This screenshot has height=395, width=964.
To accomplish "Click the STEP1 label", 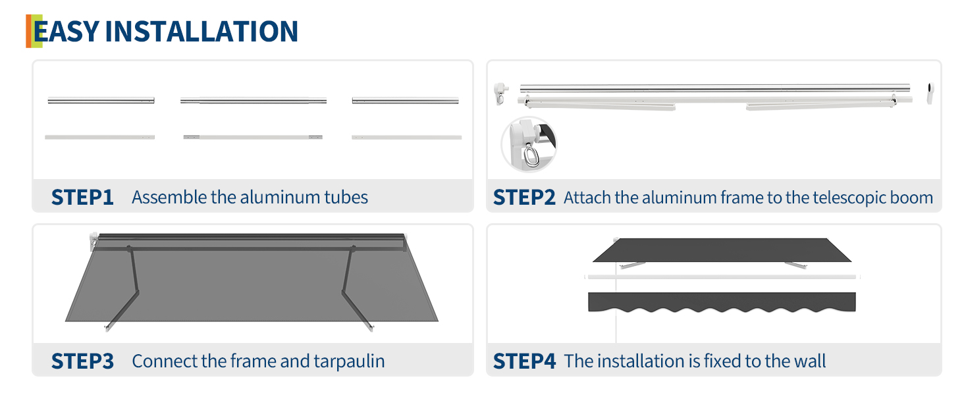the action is (82, 197).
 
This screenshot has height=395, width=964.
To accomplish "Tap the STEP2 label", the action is (524, 197).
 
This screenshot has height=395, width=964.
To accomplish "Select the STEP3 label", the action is (82, 361).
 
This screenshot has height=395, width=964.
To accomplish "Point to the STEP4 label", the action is (525, 361).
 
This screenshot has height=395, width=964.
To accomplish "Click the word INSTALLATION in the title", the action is (201, 32).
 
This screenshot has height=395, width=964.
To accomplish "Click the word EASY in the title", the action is (67, 32).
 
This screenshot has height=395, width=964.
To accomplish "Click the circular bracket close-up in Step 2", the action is (529, 145).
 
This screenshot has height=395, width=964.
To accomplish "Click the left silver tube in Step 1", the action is (101, 101).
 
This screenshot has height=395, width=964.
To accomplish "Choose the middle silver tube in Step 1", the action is (254, 101).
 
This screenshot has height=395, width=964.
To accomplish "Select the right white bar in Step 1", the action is (407, 137).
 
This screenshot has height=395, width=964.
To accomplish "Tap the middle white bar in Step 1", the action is (253, 137).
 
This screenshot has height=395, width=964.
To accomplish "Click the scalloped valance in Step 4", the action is (722, 302).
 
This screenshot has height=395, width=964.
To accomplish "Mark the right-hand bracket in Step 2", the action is (930, 93).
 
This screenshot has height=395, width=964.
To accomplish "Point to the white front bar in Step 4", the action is (722, 277).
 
